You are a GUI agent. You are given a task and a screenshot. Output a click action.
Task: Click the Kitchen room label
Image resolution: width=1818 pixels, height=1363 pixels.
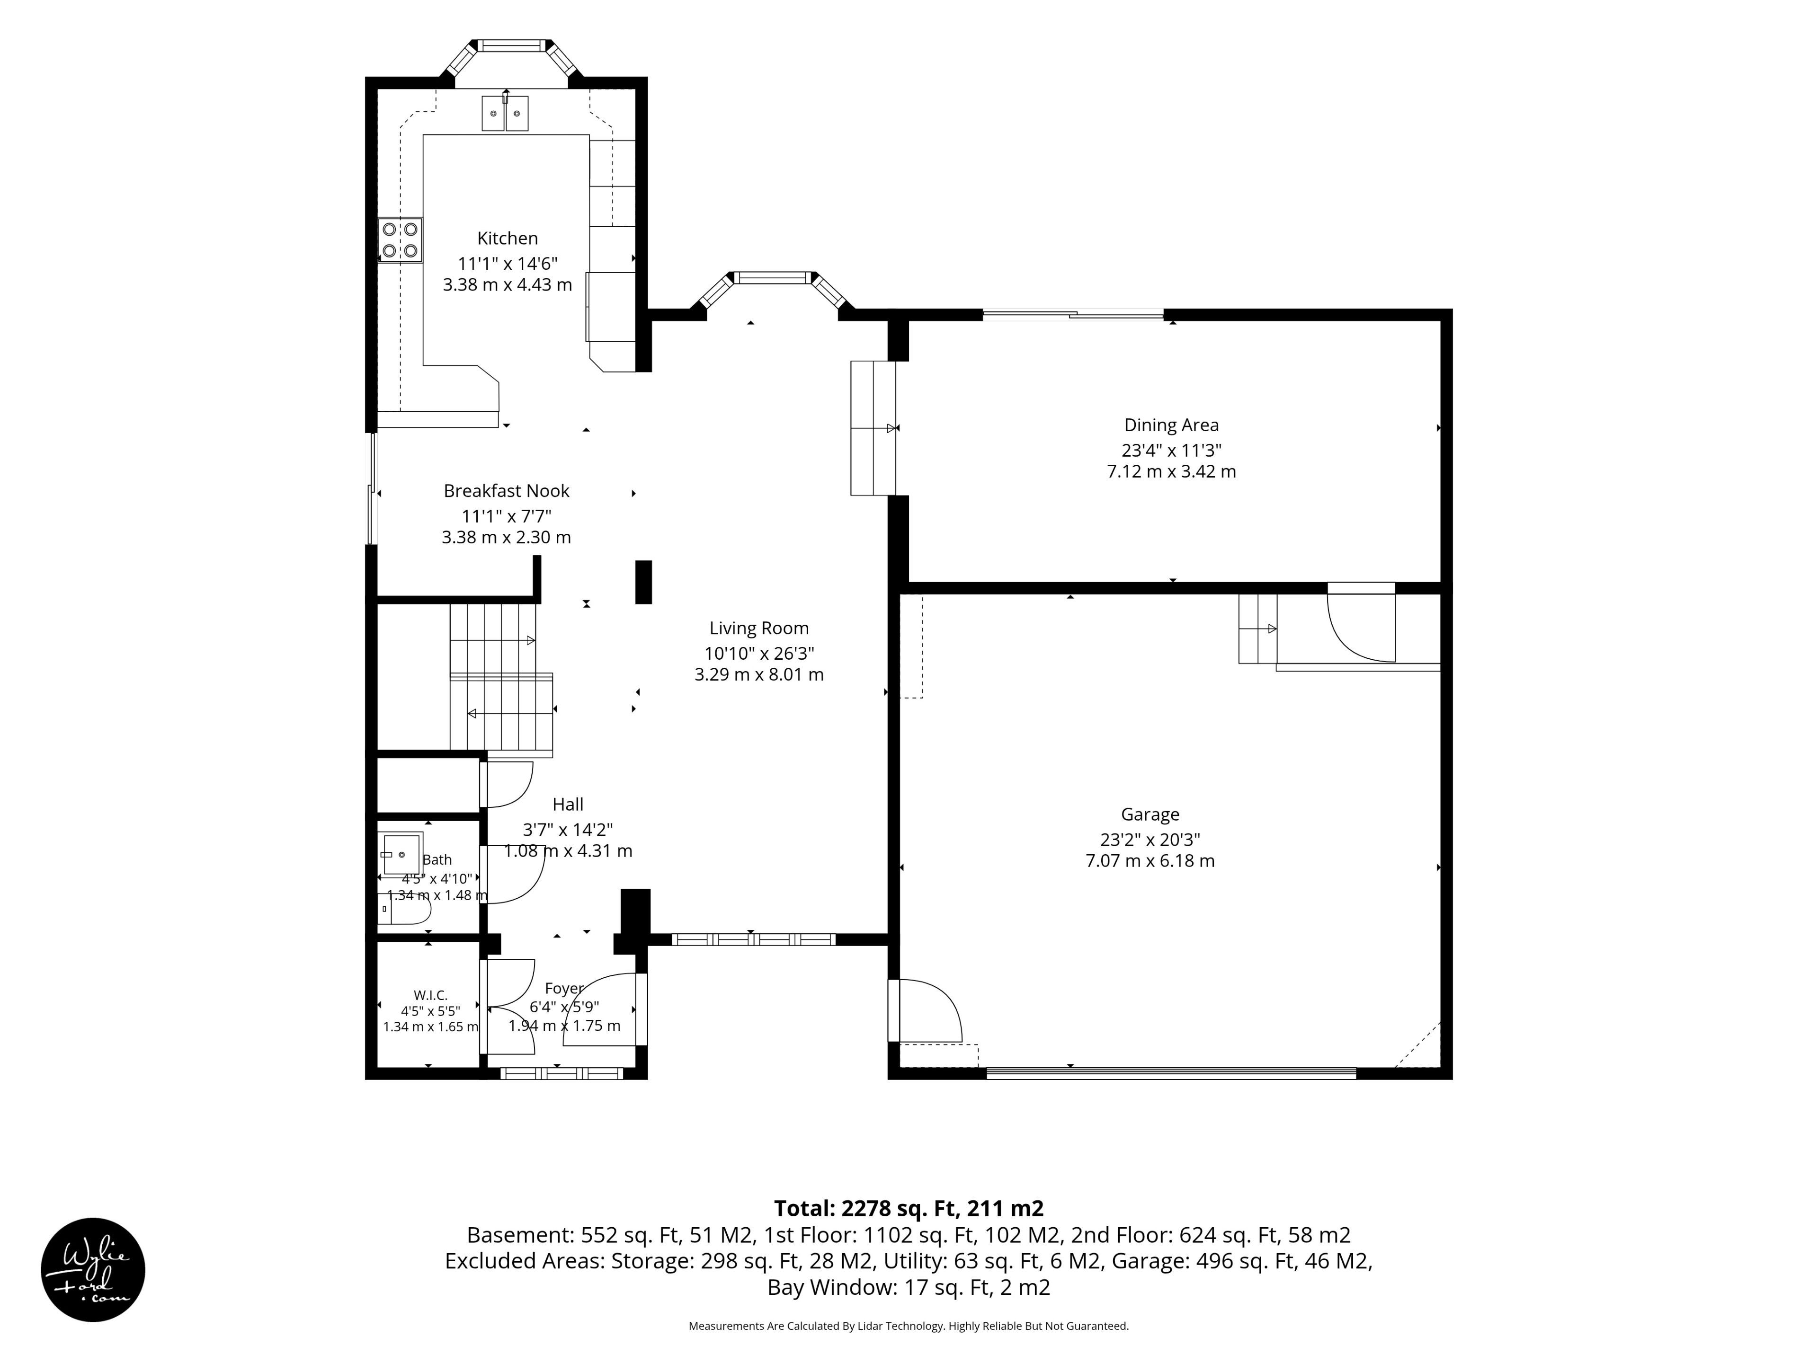(507, 238)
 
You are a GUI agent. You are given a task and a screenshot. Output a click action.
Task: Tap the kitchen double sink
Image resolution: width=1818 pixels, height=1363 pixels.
(505, 114)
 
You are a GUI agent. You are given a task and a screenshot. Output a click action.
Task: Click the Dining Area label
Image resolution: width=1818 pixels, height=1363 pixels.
(1171, 425)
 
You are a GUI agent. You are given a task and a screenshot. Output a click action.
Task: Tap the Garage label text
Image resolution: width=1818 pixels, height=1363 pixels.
(1150, 814)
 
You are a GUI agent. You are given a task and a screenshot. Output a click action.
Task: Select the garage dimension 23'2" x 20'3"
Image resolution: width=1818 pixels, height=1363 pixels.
(1150, 840)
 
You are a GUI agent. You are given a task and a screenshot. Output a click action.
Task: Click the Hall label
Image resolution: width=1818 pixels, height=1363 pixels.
(568, 805)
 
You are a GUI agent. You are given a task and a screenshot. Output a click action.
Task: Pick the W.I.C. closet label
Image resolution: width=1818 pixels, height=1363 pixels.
(431, 995)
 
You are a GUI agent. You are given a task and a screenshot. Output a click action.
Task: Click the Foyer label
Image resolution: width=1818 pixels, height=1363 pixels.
(564, 988)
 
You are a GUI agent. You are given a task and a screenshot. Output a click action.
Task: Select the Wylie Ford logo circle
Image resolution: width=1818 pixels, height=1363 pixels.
(93, 1269)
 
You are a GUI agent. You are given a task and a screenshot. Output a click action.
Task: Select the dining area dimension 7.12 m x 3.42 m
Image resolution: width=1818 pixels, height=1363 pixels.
(1171, 471)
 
